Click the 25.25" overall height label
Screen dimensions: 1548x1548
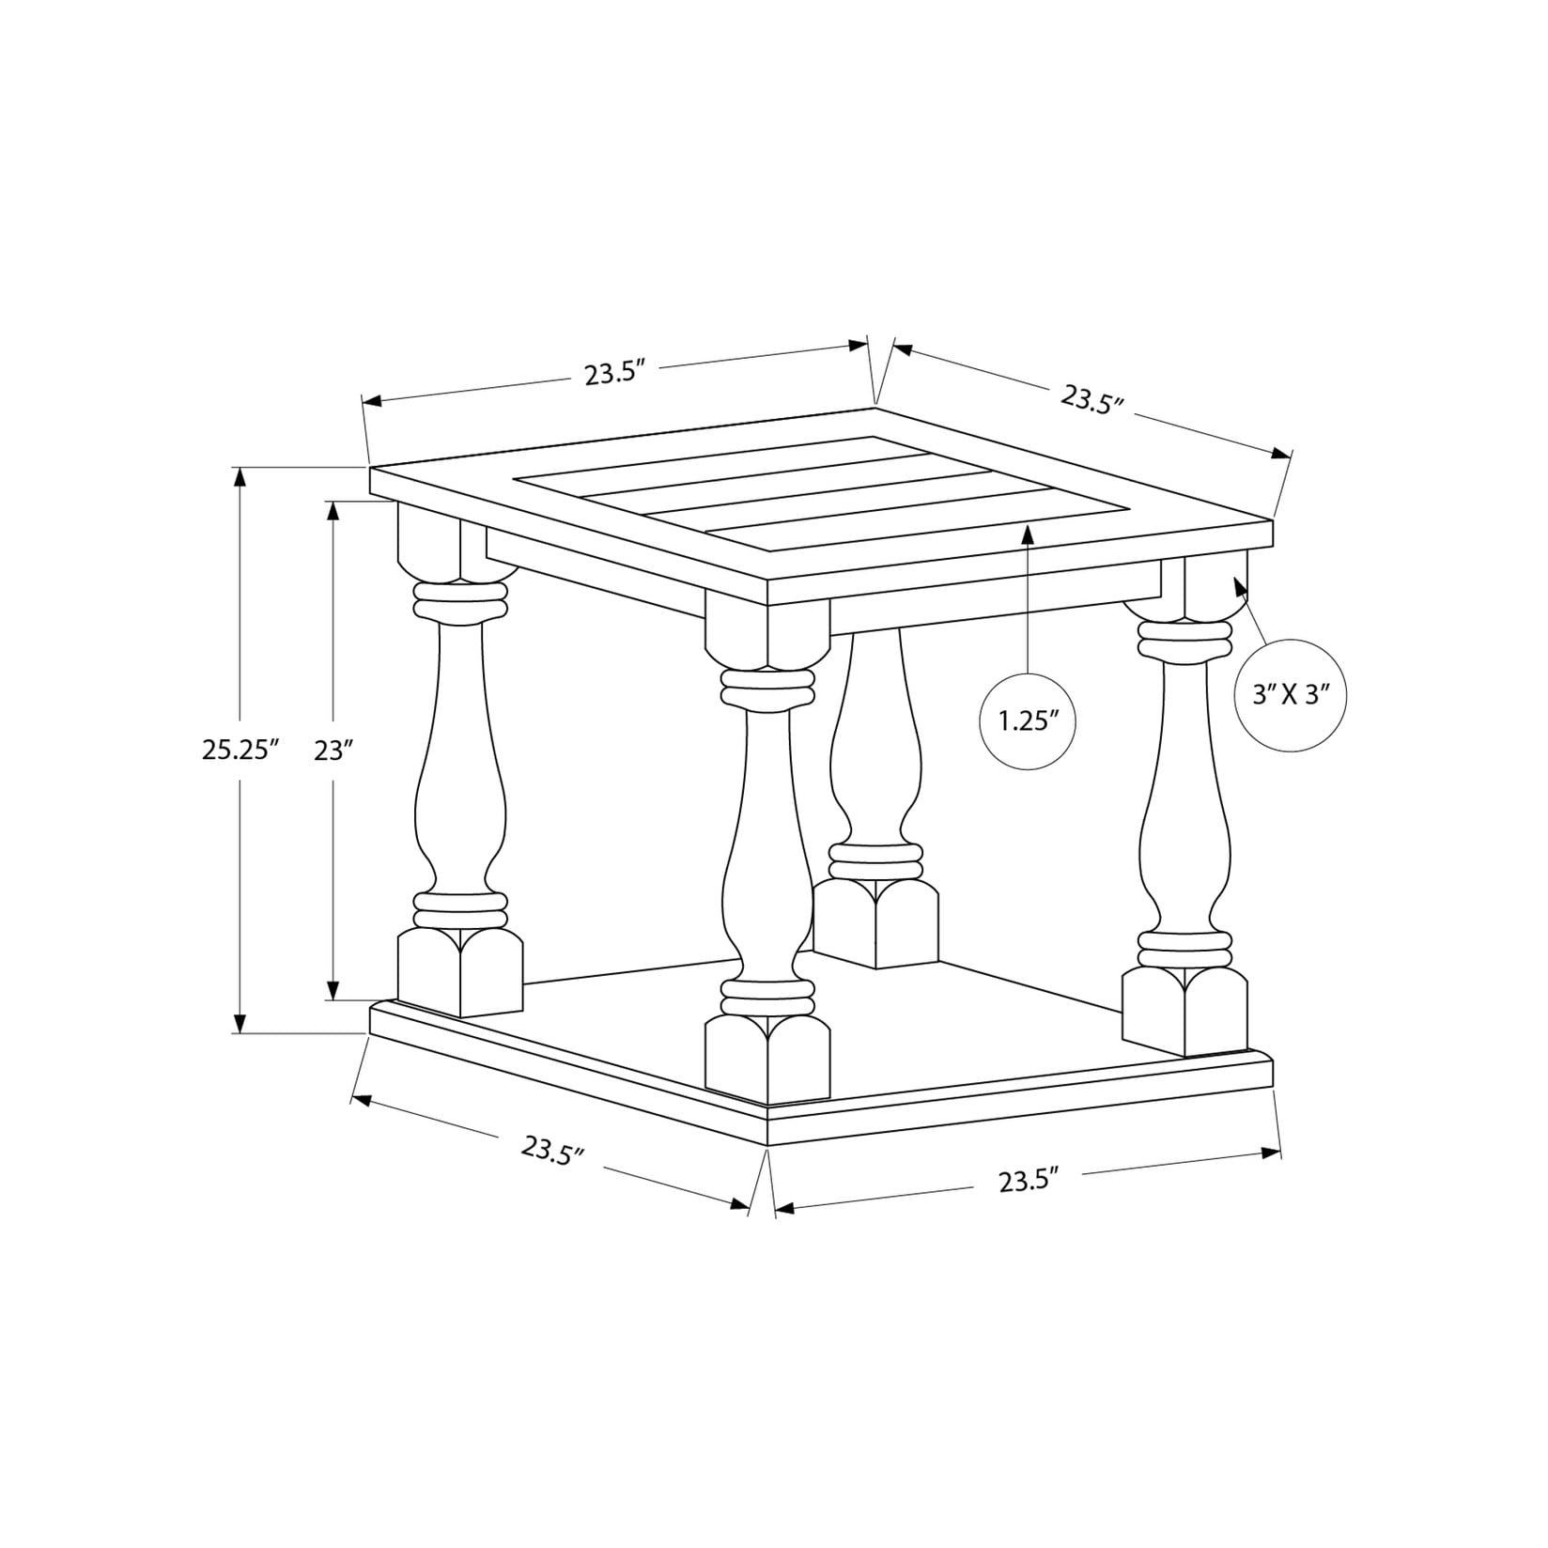[x=241, y=750]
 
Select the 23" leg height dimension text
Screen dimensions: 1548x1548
[x=333, y=750]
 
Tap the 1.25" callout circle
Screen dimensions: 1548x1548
[x=1028, y=721]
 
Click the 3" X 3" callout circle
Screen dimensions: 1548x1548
[x=1291, y=696]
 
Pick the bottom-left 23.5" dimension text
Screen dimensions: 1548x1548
[x=554, y=1150]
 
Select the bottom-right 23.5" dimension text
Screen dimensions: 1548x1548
[x=1029, y=1180]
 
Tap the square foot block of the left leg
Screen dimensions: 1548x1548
[x=459, y=973]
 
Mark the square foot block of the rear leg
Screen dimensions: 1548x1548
[x=875, y=924]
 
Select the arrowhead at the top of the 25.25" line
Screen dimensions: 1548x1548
[x=240, y=476]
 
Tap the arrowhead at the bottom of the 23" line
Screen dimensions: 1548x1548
[x=333, y=990]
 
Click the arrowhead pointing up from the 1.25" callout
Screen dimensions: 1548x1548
[x=1028, y=535]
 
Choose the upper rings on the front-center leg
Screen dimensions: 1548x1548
[x=766, y=689]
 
